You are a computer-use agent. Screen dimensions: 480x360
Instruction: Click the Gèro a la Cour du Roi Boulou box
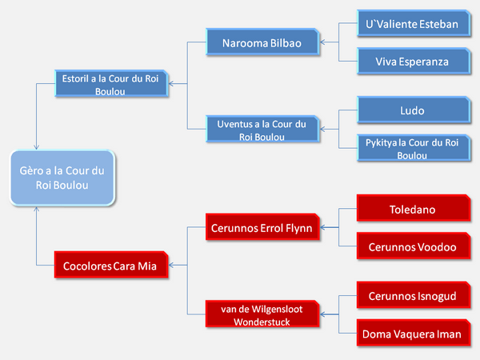point(62,178)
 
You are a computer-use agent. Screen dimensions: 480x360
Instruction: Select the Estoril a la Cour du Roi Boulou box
point(111,83)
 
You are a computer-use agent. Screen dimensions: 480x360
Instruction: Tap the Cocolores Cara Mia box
point(111,265)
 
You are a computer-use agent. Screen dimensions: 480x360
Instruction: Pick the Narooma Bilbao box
point(262,42)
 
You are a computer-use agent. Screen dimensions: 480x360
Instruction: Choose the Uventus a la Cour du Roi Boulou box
point(262,129)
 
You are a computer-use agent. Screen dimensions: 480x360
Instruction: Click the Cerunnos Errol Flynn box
point(262,227)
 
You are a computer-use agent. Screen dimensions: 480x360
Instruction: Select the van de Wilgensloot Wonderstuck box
point(262,314)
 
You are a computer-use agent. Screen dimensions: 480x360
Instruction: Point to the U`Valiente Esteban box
point(414,23)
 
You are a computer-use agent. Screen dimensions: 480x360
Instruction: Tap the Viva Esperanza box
point(414,61)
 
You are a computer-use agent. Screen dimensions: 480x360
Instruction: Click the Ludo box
point(414,110)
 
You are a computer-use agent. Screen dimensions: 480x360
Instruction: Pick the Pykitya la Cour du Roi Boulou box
point(414,148)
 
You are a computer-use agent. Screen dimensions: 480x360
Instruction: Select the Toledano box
point(414,208)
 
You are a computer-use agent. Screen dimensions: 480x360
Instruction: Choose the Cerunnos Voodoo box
point(414,246)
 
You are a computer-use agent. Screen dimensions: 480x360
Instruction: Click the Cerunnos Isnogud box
point(414,294)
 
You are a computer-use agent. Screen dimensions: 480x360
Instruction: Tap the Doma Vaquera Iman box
point(414,333)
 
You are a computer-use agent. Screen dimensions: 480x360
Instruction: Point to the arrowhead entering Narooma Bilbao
point(322,42)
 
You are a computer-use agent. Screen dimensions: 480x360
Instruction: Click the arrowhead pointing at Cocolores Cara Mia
point(171,265)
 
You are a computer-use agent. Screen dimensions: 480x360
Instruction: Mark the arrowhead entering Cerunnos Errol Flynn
point(322,227)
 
